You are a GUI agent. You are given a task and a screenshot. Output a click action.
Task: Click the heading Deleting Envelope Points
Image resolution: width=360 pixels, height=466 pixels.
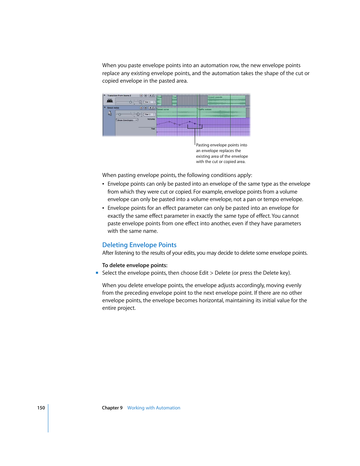pos(139,245)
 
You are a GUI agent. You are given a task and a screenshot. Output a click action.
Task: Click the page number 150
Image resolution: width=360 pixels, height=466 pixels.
pos(41,408)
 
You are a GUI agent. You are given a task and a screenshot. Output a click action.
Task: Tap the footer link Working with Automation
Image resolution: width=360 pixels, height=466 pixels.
pos(154,408)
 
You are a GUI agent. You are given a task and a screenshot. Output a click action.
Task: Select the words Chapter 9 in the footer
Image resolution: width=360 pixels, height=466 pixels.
pos(112,408)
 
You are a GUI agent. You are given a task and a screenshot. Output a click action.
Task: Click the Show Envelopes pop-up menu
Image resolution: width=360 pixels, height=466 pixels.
pos(127,120)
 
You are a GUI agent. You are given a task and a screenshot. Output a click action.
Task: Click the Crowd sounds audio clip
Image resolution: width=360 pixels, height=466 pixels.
pos(226,100)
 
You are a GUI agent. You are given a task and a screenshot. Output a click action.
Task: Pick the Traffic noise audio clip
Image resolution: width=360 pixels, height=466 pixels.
pos(222,112)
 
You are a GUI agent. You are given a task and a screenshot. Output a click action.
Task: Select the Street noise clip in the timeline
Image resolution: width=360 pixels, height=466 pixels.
pos(177,112)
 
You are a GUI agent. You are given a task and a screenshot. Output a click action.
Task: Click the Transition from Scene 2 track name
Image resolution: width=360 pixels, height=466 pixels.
pos(119,95)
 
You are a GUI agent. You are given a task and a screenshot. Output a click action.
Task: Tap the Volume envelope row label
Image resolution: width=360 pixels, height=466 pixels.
pos(151,119)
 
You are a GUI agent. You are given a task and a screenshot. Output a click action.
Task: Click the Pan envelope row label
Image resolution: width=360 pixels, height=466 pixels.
pos(153,129)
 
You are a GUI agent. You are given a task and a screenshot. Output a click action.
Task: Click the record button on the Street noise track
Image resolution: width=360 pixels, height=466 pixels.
pos(141,108)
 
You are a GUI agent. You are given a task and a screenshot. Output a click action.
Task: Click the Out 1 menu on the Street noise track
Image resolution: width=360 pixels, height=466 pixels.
pos(149,114)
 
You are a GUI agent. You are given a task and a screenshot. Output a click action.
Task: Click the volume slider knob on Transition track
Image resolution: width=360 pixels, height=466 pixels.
pos(131,102)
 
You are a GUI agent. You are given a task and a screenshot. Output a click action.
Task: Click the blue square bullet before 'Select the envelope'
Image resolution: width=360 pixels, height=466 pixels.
pos(97,273)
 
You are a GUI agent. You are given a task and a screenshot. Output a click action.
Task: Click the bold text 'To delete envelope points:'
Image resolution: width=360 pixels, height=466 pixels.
pos(135,265)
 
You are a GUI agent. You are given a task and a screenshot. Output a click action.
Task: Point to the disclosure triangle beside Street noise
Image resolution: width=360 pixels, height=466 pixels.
pos(105,108)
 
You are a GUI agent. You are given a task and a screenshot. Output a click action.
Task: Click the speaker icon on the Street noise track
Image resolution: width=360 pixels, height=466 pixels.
pos(110,113)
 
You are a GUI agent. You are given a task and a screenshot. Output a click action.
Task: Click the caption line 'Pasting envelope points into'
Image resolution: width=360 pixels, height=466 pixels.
pos(222,145)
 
